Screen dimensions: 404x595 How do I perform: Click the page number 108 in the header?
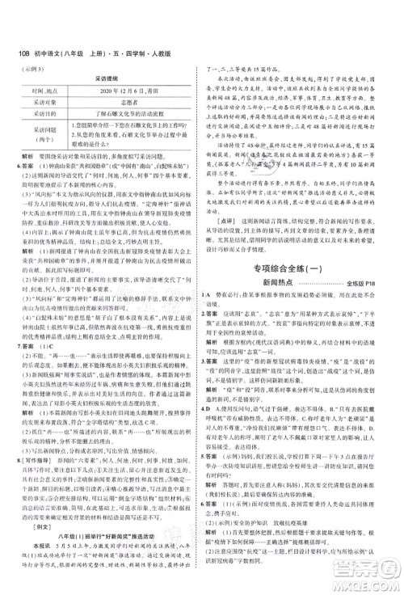coord(17,11)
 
